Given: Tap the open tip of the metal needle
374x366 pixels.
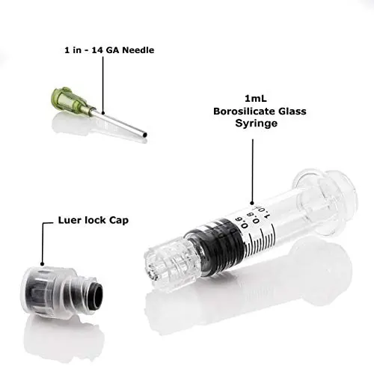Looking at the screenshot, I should coord(144,135).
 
